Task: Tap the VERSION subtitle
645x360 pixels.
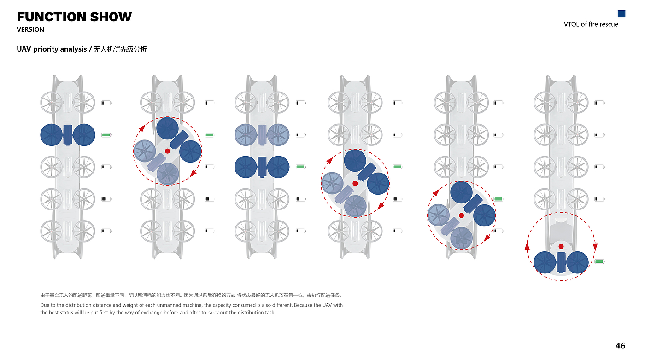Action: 30,29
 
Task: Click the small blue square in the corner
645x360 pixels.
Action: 622,14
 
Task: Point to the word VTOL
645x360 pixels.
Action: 571,24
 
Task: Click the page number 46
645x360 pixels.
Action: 620,346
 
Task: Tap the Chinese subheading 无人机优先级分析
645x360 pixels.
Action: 120,49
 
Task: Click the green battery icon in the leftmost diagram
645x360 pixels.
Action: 106,135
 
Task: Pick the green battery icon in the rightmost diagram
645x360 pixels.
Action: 599,261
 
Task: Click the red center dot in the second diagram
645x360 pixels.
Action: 167,151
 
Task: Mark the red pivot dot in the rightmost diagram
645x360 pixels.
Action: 561,246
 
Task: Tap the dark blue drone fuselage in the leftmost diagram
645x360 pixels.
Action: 68,135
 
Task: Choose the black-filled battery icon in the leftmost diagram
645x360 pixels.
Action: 106,199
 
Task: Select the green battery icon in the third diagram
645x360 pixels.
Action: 300,167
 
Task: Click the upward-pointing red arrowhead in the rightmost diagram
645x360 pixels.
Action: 527,246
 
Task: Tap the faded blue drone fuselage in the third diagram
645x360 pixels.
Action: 262,135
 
